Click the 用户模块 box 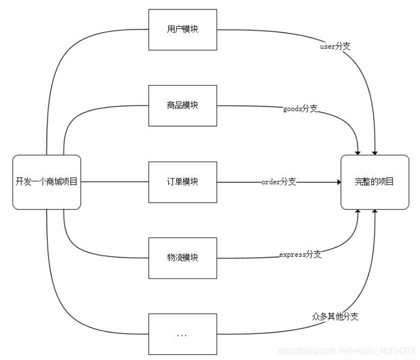pyautogui.click(x=182, y=29)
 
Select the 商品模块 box pyautogui.click(x=182, y=105)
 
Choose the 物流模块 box pyautogui.click(x=182, y=258)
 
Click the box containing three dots pyautogui.click(x=182, y=334)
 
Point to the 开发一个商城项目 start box pyautogui.click(x=46, y=182)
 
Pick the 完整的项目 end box pyautogui.click(x=375, y=182)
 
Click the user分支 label pyautogui.click(x=335, y=46)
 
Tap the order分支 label pyautogui.click(x=278, y=182)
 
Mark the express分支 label pyautogui.click(x=300, y=255)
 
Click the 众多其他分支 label pyautogui.click(x=335, y=317)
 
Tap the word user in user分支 pyautogui.click(x=328, y=47)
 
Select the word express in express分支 pyautogui.click(x=293, y=255)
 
